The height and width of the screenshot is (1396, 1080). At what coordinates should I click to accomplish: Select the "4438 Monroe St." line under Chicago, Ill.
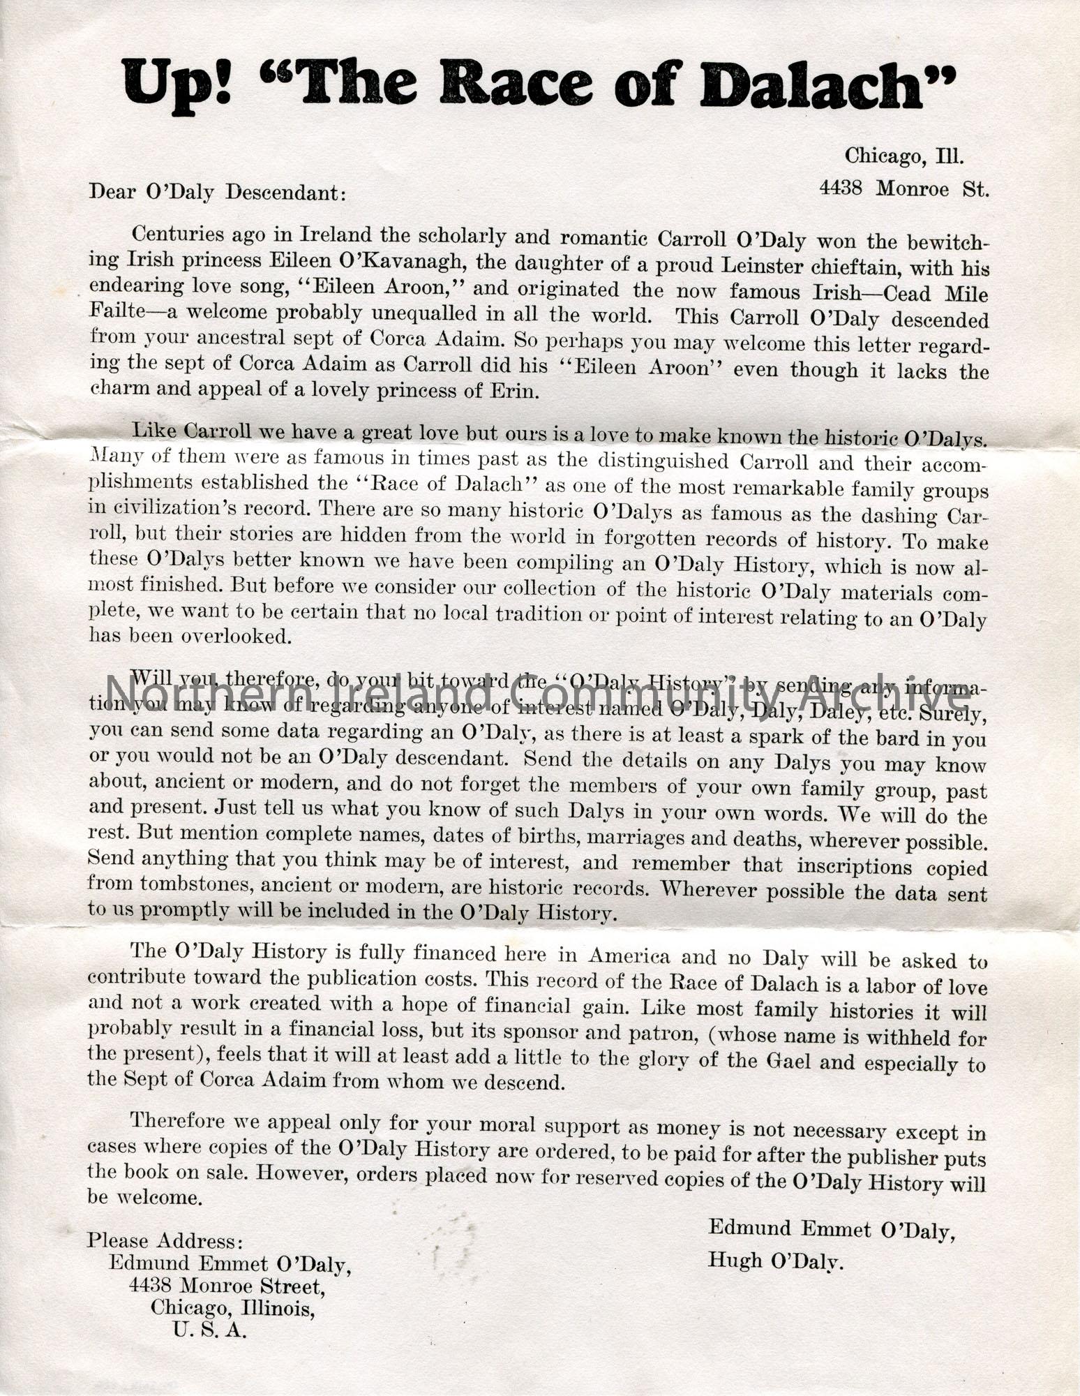coord(904,188)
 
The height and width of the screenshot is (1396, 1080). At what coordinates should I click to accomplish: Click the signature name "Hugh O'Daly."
coord(776,1260)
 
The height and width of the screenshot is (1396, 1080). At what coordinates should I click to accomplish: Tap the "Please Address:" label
coord(165,1240)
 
